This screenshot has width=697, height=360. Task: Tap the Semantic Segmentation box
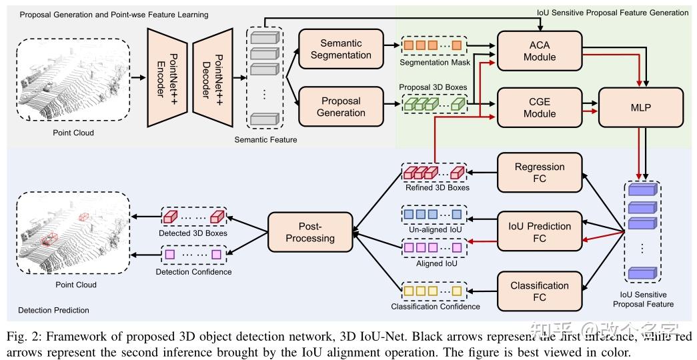(341, 49)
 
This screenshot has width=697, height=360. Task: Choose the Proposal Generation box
(341, 107)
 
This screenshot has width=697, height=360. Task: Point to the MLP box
(642, 107)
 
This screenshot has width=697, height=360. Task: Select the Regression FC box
(540, 173)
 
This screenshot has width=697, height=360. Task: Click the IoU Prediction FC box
(540, 232)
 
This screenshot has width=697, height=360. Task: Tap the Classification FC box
(540, 291)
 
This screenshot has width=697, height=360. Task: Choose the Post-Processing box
(309, 232)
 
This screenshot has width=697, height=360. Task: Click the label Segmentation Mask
(434, 63)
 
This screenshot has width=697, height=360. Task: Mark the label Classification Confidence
(436, 307)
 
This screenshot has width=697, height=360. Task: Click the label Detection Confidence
(194, 271)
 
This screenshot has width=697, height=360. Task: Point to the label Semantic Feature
(265, 139)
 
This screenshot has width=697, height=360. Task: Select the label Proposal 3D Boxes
(432, 87)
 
